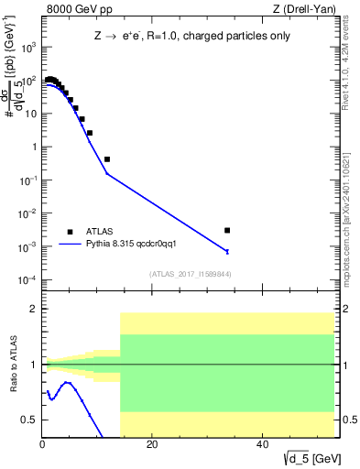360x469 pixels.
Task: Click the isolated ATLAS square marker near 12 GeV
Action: pyautogui.click(x=107, y=159)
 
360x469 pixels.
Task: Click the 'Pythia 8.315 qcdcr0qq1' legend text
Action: pyautogui.click(x=137, y=245)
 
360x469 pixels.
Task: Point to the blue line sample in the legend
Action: pyautogui.click(x=70, y=245)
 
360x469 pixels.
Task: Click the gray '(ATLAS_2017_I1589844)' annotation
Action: pyautogui.click(x=190, y=274)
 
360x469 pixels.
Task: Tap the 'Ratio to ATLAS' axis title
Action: pyautogui.click(x=13, y=365)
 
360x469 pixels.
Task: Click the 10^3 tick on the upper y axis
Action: pyautogui.click(x=29, y=48)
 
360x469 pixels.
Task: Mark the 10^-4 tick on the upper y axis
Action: pyautogui.click(x=29, y=279)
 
